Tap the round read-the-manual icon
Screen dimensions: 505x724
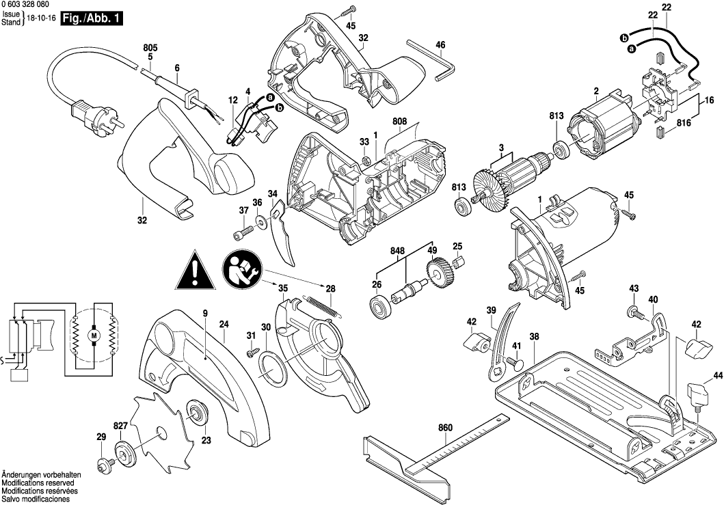tap(239, 269)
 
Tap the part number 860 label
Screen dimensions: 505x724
tap(445, 428)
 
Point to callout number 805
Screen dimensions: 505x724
tap(150, 47)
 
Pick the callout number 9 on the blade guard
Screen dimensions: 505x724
tap(204, 314)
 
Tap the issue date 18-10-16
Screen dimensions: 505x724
tap(42, 19)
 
